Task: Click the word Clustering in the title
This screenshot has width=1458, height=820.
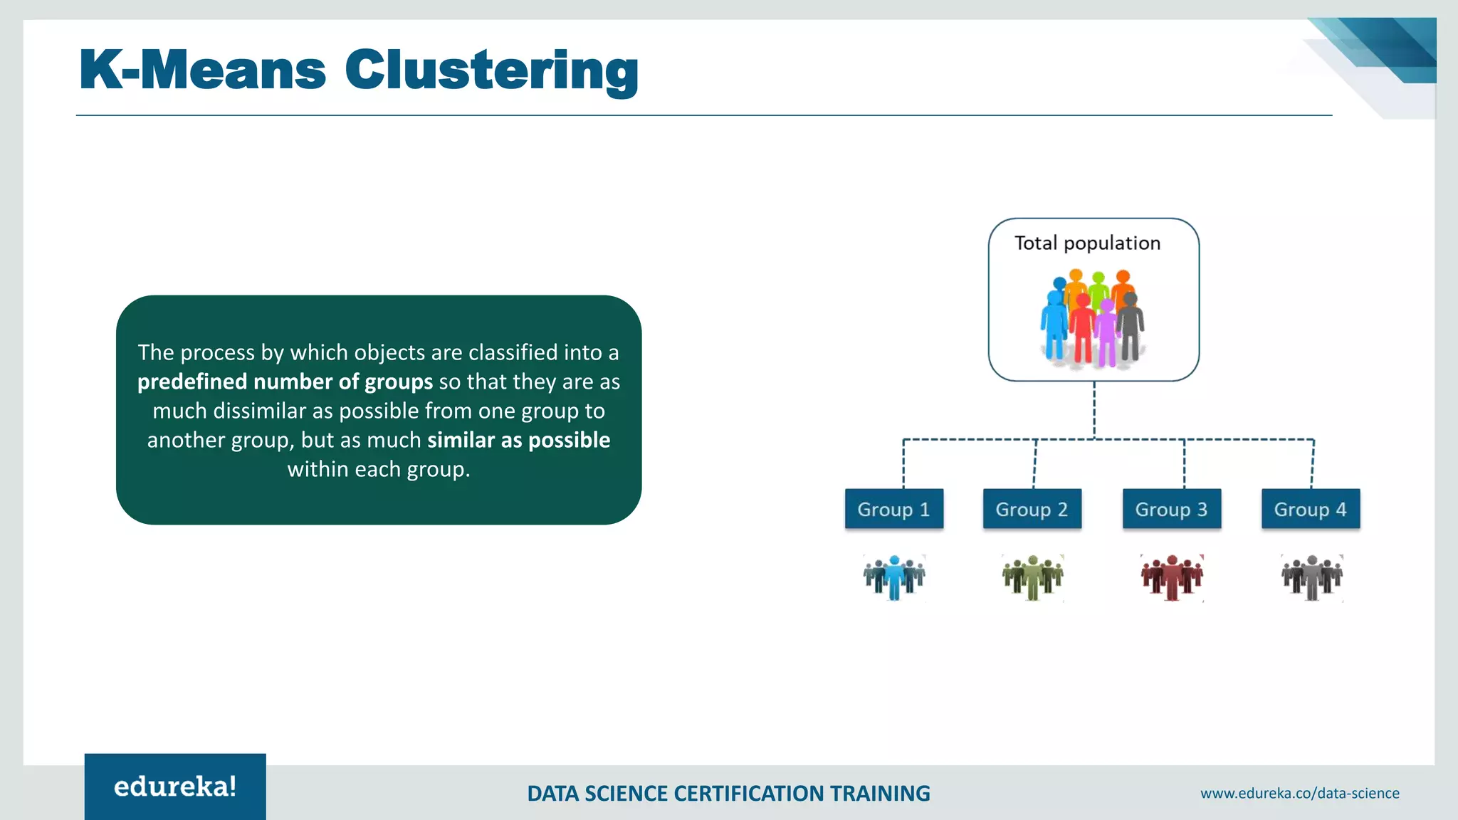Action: (491, 71)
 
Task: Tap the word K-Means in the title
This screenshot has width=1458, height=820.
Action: (203, 71)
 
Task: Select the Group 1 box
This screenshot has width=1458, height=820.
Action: (893, 509)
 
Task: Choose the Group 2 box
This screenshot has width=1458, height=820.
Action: (1032, 509)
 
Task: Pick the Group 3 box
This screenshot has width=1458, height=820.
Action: (1171, 509)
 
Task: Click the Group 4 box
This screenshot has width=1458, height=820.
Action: (1310, 509)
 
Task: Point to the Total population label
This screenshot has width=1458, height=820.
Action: (1087, 243)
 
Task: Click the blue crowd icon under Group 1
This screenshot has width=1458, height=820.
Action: (894, 577)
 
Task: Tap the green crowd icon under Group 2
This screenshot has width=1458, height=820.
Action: (1032, 577)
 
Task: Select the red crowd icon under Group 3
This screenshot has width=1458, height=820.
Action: (1172, 577)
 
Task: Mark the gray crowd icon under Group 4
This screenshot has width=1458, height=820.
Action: (1311, 577)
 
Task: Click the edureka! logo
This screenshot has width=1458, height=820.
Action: (175, 787)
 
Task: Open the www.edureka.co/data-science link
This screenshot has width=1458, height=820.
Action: (1299, 793)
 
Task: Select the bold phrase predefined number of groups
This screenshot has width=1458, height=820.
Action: (285, 382)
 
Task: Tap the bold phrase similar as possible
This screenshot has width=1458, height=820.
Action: (518, 441)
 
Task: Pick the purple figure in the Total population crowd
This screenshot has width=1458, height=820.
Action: (1106, 335)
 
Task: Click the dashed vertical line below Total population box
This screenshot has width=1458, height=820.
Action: (1094, 410)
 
